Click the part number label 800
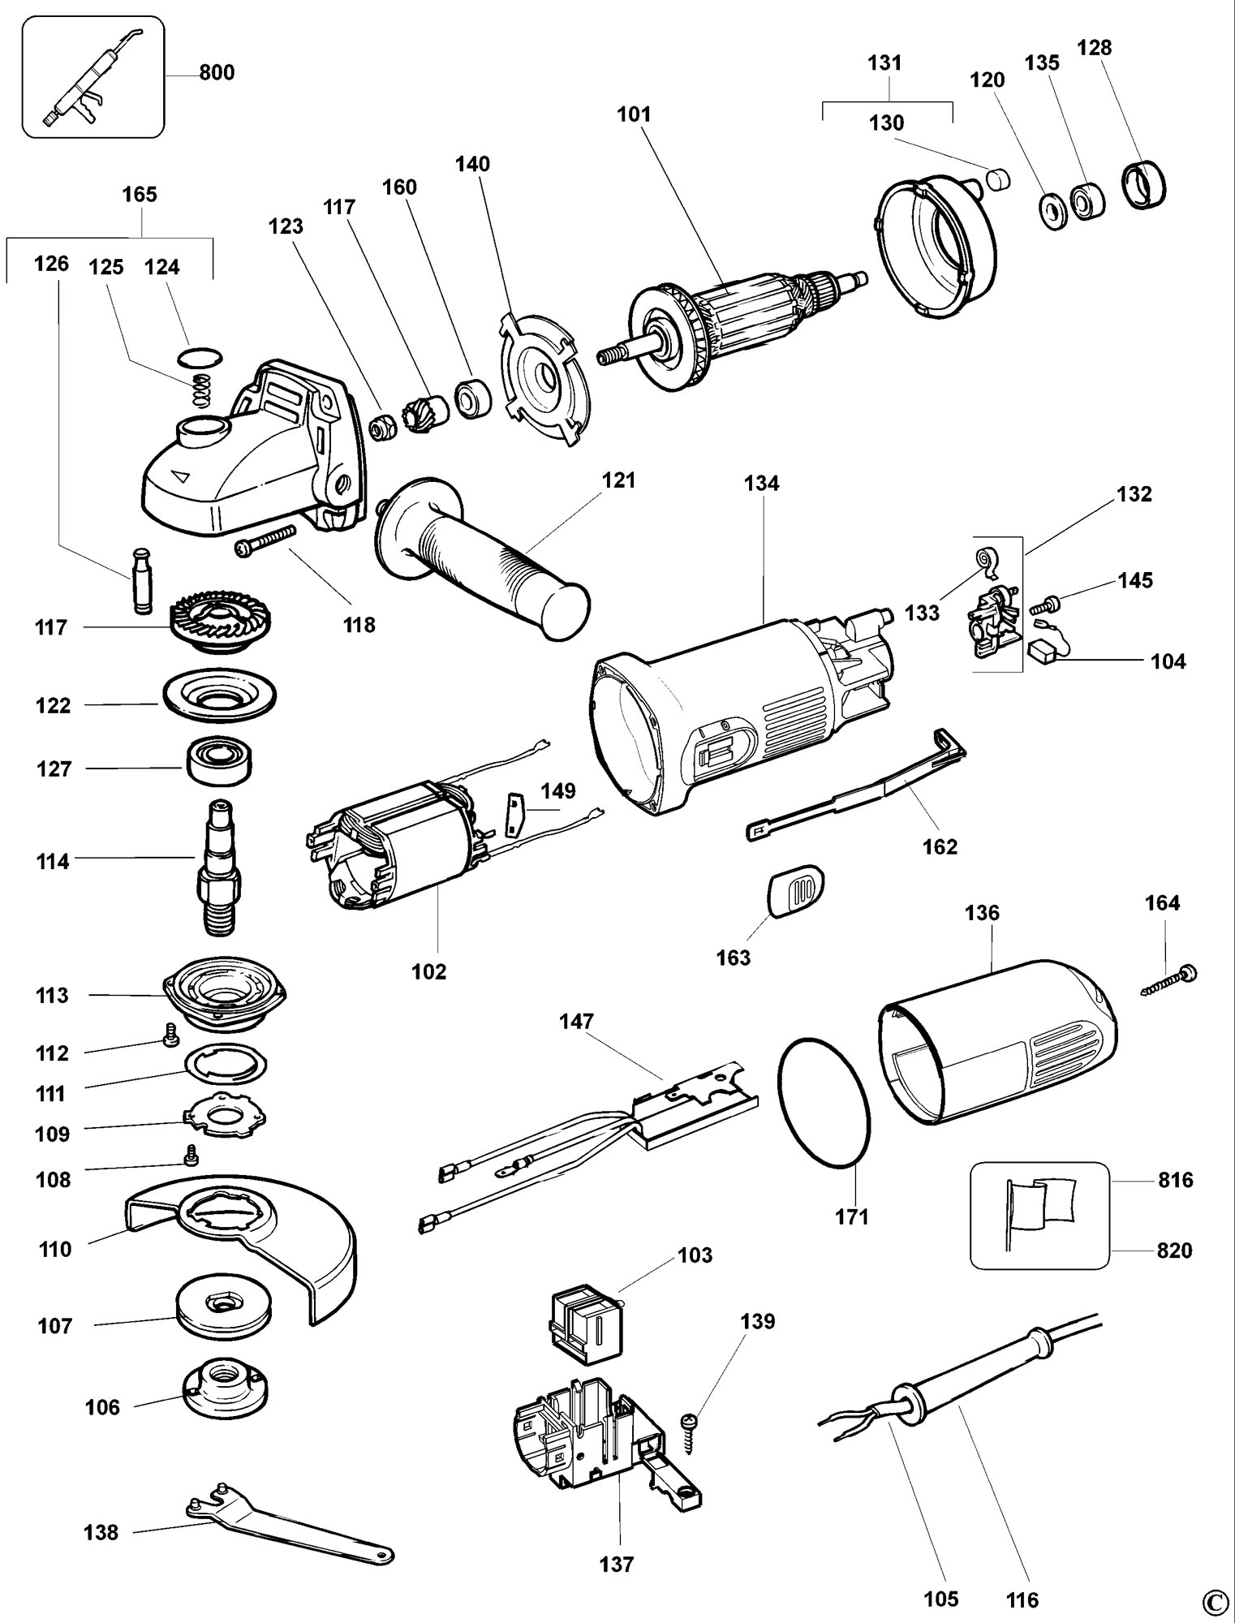[x=217, y=73]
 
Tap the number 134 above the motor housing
[x=761, y=484]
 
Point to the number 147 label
[x=576, y=1021]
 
